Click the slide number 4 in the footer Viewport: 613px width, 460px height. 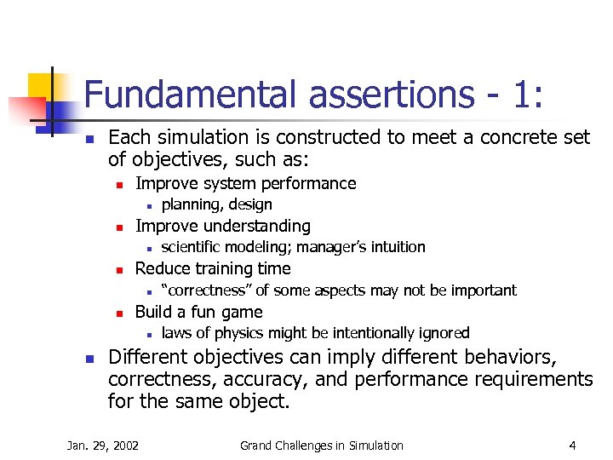point(573,445)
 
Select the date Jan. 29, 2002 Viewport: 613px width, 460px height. point(104,445)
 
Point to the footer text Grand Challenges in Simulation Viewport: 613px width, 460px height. point(321,445)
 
